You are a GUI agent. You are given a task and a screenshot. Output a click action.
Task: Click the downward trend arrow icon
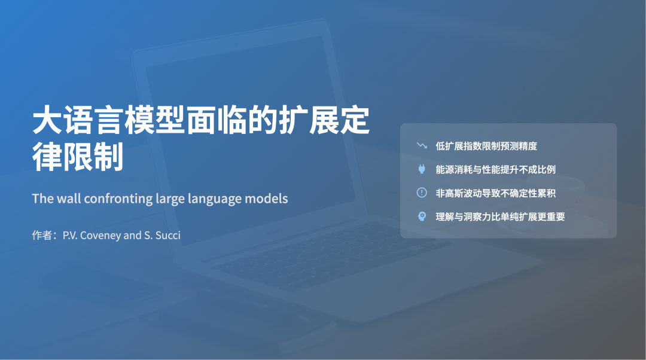click(x=422, y=145)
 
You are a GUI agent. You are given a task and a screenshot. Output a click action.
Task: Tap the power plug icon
click(x=422, y=169)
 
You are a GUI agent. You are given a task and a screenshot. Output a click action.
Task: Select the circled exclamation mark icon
click(x=422, y=193)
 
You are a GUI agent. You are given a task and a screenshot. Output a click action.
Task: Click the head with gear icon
click(x=422, y=216)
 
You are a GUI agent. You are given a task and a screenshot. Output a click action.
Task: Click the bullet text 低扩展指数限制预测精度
click(x=486, y=146)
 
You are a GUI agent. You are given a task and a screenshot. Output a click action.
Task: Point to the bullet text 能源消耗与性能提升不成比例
click(x=496, y=169)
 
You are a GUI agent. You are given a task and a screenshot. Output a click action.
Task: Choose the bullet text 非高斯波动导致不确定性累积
click(x=496, y=193)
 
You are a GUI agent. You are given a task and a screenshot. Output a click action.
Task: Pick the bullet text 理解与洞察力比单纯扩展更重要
click(x=500, y=216)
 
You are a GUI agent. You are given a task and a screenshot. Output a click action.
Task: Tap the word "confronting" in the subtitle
click(x=118, y=199)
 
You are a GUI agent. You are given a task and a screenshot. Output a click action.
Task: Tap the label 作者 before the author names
click(x=42, y=235)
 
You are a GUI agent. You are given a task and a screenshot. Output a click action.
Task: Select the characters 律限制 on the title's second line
click(x=78, y=156)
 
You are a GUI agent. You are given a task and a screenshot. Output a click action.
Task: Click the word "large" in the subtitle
click(x=170, y=199)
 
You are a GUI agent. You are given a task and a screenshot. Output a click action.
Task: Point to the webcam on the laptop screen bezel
click(x=236, y=44)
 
